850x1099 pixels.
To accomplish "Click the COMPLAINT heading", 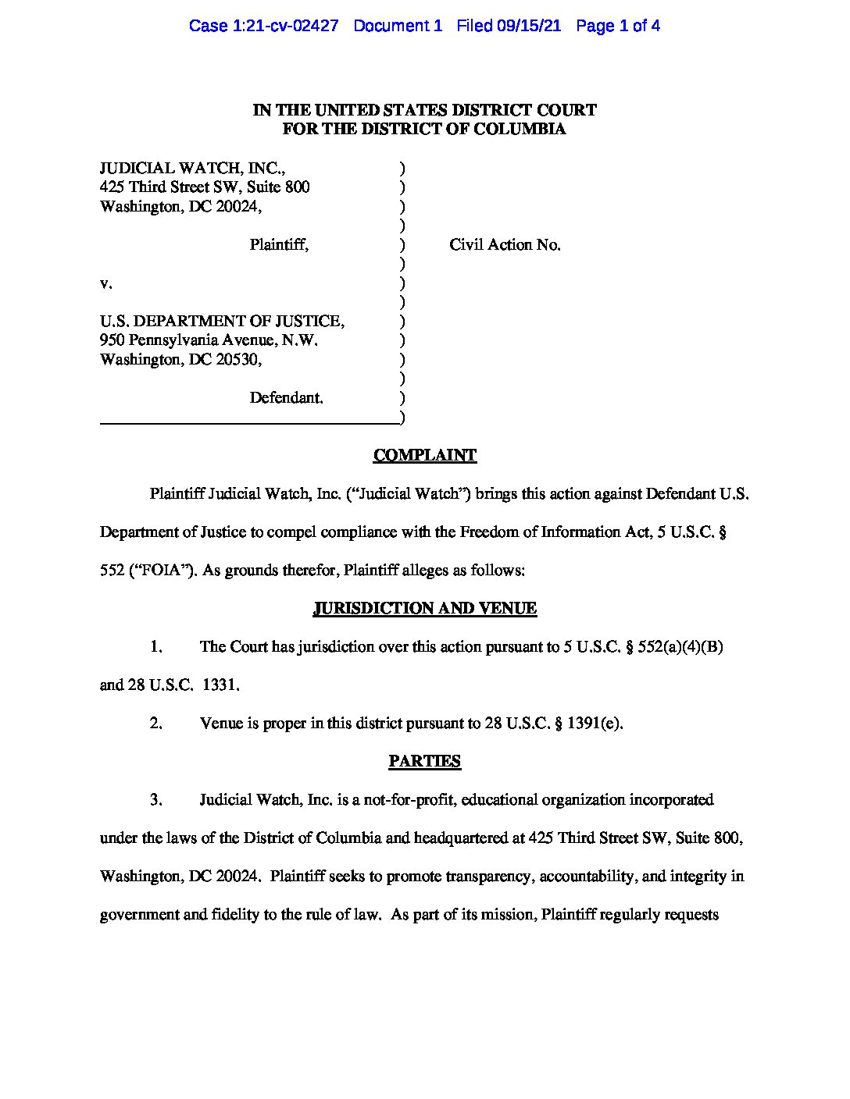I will click(424, 455).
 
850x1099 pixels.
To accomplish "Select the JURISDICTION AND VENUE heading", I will click(424, 608).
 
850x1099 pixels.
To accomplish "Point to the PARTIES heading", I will click(424, 761).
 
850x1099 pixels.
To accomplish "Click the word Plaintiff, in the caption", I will click(279, 244).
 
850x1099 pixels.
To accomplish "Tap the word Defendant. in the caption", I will click(286, 397).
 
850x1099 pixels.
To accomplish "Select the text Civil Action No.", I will click(505, 244).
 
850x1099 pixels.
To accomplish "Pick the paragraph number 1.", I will click(155, 646).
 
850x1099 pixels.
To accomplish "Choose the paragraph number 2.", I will click(155, 723).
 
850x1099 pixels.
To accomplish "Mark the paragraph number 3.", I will click(155, 799).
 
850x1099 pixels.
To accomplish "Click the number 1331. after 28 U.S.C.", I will click(221, 685).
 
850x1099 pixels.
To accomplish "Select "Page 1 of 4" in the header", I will click(617, 26).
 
